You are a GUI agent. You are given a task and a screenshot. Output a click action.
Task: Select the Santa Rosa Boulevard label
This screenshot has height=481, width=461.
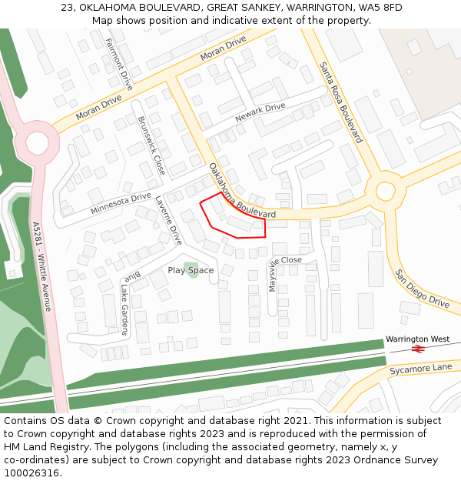[x=340, y=102]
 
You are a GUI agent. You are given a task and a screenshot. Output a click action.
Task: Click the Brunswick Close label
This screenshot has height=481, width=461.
[x=151, y=145]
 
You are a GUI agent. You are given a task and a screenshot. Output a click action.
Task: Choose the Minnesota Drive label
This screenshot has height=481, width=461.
[x=121, y=202]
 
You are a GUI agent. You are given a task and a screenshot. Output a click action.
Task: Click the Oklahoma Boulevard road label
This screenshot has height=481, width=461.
[x=241, y=191]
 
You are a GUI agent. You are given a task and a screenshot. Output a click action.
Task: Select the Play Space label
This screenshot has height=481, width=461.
[x=191, y=270]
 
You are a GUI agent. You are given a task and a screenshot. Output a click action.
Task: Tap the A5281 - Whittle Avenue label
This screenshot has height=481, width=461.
[x=42, y=266]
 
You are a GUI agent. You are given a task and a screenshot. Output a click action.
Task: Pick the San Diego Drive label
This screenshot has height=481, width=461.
[x=422, y=289]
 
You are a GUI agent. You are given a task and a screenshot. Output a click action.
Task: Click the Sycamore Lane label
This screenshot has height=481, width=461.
[x=420, y=368]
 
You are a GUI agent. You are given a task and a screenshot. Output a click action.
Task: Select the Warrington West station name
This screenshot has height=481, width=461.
[x=417, y=339]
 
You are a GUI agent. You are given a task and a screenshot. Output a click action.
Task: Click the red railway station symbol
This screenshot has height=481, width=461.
[x=418, y=349]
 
